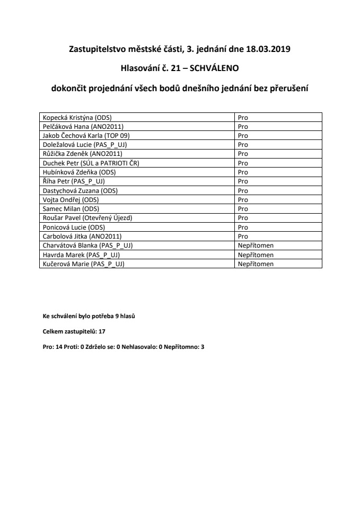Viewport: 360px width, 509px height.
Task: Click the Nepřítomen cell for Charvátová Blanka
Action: click(x=256, y=245)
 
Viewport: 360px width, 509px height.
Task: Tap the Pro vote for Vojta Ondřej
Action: click(x=243, y=199)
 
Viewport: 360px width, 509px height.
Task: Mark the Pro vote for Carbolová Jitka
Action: click(x=243, y=236)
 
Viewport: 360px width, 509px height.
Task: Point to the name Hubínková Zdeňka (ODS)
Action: click(x=79, y=172)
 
